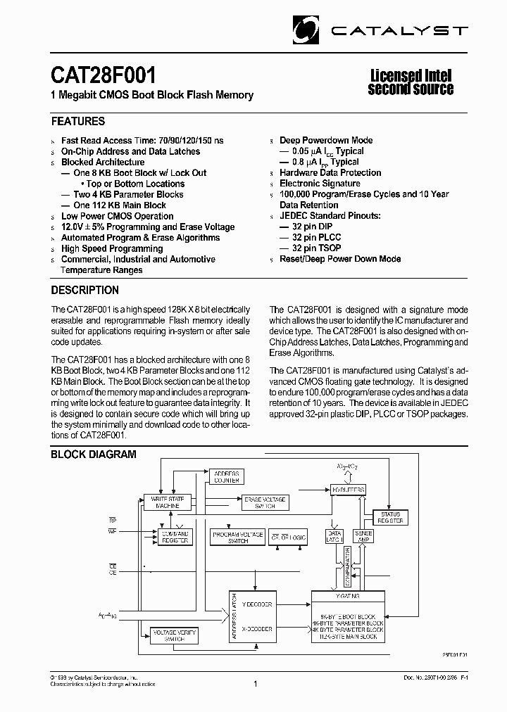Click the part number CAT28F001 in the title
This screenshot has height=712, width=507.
[x=104, y=75]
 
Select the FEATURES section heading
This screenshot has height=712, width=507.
[x=78, y=121]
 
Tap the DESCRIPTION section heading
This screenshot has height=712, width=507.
[x=85, y=290]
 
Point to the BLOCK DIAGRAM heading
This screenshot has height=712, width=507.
[x=94, y=454]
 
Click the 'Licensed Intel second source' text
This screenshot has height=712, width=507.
[x=411, y=82]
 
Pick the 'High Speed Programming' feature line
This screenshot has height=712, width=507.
[x=112, y=248]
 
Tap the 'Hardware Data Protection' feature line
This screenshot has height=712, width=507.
[x=330, y=172]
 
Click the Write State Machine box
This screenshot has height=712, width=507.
[x=167, y=502]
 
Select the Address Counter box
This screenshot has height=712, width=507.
[x=227, y=476]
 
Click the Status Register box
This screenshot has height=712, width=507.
[x=390, y=518]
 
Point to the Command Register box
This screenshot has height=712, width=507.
[x=176, y=537]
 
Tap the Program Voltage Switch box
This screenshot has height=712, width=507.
[x=237, y=537]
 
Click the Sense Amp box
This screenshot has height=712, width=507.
[x=363, y=536]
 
